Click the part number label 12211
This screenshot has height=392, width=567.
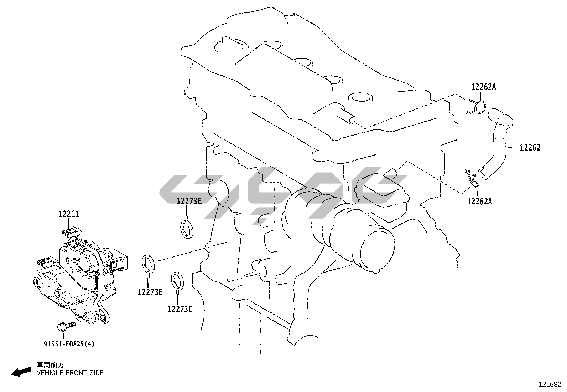pyautogui.click(x=69, y=214)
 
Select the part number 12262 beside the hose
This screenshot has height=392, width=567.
pyautogui.click(x=530, y=147)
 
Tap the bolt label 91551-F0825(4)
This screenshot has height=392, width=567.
pyautogui.click(x=69, y=344)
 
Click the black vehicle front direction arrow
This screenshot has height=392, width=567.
pyautogui.click(x=21, y=372)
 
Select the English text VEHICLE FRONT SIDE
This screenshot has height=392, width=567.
pyautogui.click(x=70, y=373)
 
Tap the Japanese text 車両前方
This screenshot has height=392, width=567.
pyautogui.click(x=51, y=365)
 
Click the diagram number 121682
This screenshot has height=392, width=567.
pyautogui.click(x=550, y=385)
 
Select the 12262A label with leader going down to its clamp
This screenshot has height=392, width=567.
pyautogui.click(x=483, y=87)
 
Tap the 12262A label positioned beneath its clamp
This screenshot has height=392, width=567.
pyautogui.click(x=479, y=202)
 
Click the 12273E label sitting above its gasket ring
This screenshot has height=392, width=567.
pyautogui.click(x=189, y=201)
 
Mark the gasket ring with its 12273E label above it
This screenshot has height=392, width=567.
pyautogui.click(x=186, y=229)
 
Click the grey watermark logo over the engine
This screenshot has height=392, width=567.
pyautogui.click(x=281, y=193)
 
